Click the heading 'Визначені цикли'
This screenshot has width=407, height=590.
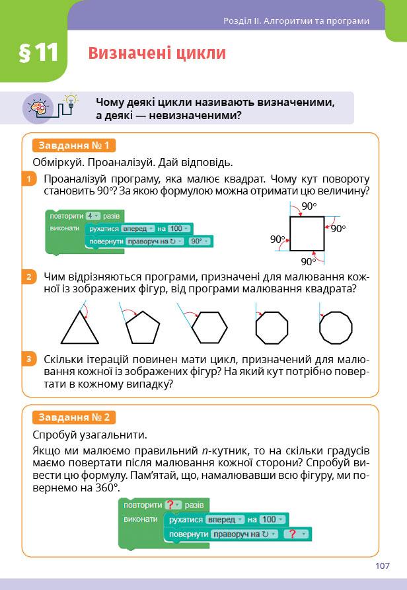[157, 53]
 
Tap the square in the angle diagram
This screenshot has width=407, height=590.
[307, 233]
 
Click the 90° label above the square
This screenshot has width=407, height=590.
[309, 206]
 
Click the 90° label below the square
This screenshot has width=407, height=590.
[309, 261]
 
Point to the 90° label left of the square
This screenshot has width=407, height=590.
[278, 239]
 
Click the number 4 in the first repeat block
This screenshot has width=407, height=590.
[91, 216]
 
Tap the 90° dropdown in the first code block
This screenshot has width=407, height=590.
[198, 241]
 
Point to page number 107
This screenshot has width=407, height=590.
[382, 566]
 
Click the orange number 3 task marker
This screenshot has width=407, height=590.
[28, 359]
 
